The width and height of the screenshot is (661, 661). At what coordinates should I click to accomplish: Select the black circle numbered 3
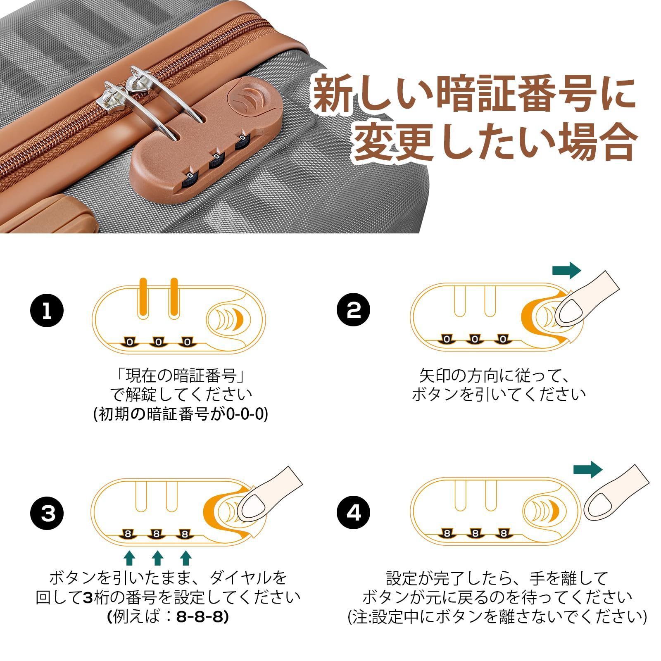point(47,514)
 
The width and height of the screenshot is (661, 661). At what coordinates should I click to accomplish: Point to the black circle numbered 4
point(354,514)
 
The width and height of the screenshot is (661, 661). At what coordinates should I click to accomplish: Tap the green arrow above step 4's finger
point(588,470)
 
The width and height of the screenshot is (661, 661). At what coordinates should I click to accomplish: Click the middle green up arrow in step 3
point(157,558)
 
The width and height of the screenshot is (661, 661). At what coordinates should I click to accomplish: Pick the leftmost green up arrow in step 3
point(130,558)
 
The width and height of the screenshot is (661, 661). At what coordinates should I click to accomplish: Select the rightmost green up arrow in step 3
point(185,558)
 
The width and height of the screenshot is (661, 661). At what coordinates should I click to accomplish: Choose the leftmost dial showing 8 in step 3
point(128,534)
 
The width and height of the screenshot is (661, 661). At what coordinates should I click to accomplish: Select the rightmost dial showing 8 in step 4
point(503,533)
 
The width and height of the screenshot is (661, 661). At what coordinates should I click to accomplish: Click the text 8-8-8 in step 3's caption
point(200,617)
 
